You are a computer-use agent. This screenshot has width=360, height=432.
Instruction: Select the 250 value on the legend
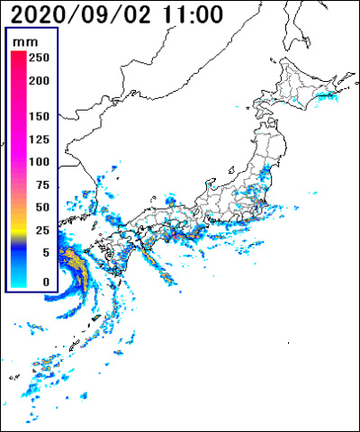click(38, 57)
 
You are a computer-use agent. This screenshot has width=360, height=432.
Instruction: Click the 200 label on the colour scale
click(38, 80)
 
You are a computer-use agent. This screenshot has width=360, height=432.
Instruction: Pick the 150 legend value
click(38, 117)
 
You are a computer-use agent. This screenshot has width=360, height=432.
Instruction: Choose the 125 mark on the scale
click(38, 139)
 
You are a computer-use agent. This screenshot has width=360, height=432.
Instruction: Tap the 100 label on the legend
click(38, 162)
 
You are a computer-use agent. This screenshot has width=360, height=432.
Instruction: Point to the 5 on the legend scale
click(44, 253)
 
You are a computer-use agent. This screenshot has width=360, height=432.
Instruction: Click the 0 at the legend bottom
click(44, 282)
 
